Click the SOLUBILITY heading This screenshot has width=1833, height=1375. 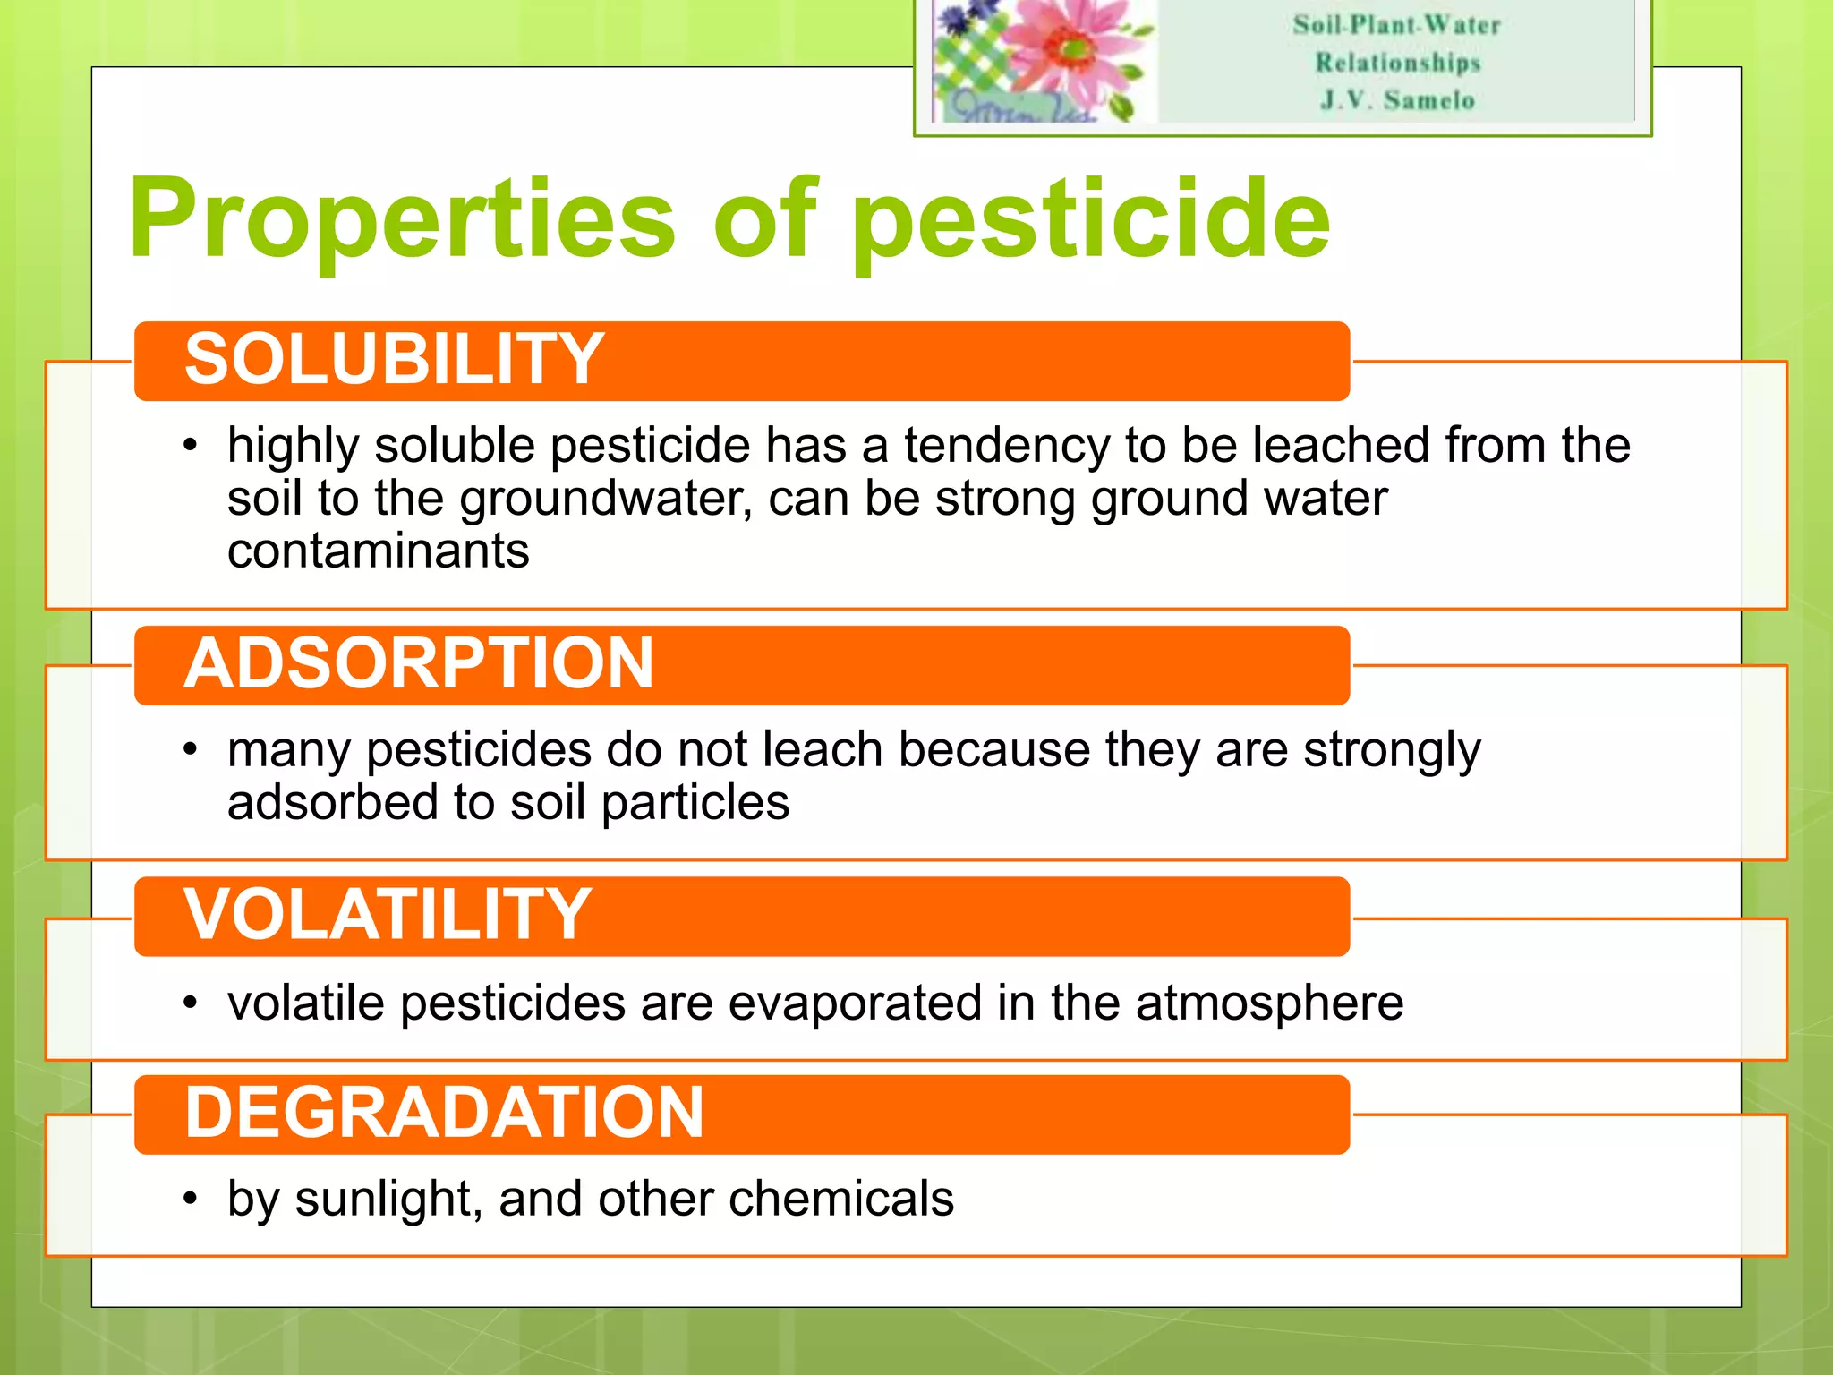394,359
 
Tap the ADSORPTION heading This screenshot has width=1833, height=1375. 419,663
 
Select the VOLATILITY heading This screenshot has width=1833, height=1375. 387,914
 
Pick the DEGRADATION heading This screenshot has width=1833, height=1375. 444,1113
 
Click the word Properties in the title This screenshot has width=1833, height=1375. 402,219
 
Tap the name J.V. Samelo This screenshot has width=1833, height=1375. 1397,100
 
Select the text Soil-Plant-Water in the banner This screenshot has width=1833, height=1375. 1396,25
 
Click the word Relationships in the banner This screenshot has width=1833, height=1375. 1397,63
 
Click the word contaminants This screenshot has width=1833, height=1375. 378,551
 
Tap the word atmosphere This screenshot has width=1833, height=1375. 1269,1003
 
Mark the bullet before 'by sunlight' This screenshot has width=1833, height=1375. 190,1199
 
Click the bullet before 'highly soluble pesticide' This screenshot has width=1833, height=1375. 190,446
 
